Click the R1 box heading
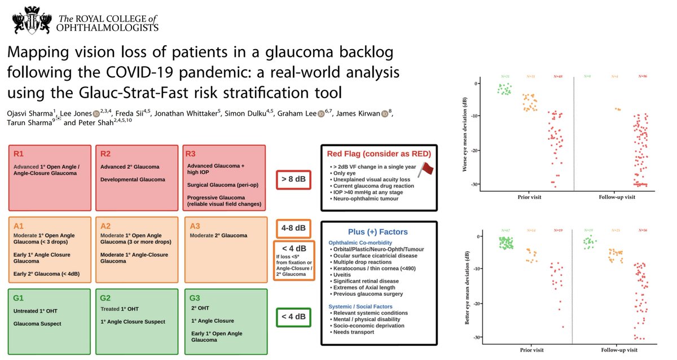pos(18,153)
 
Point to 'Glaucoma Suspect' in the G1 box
pos(37,324)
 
